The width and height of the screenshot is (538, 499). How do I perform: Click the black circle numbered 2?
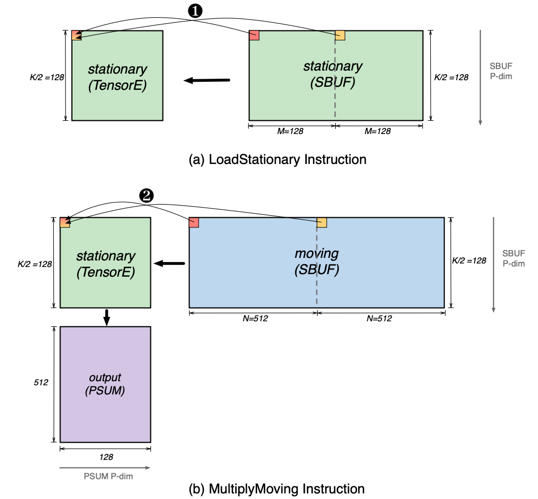coord(146,196)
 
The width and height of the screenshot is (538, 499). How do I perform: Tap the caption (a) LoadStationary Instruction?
coord(277,159)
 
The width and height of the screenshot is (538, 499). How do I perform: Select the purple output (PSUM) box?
coord(105,384)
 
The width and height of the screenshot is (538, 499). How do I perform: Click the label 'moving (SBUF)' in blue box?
coord(317,261)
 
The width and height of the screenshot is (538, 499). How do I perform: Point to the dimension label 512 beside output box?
coord(41,383)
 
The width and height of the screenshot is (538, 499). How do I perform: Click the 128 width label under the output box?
coord(106,457)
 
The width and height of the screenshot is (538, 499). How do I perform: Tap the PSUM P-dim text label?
coord(105,476)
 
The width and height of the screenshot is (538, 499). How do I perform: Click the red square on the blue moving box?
coord(194,222)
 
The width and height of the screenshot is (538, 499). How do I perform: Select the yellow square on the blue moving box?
coord(322,222)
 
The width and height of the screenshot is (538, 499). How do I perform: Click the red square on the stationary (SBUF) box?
coord(255,35)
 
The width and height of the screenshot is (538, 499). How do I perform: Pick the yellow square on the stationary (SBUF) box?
coord(340,35)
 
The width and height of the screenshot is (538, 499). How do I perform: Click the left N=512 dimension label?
coord(252,319)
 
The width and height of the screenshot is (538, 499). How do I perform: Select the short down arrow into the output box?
coord(106,317)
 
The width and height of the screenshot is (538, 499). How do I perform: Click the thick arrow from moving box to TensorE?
coord(170,263)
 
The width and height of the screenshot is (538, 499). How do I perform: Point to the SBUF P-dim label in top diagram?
coord(500,72)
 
